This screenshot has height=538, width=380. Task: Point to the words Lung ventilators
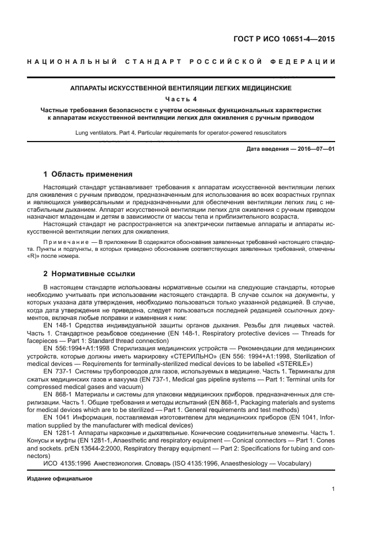pyautogui.click(x=95, y=133)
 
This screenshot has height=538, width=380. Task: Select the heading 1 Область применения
pyautogui.click(x=88, y=174)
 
